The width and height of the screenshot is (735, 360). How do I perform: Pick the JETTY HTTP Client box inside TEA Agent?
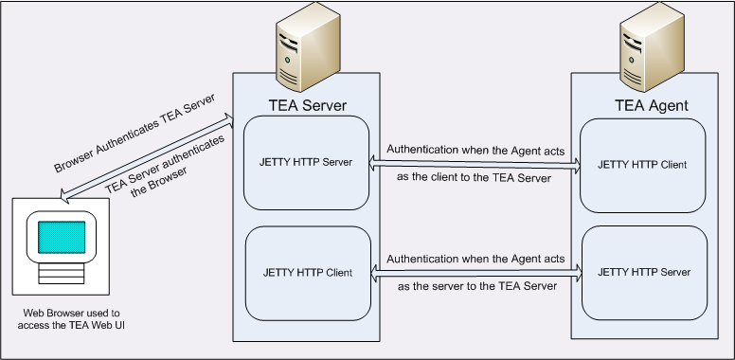click(642, 165)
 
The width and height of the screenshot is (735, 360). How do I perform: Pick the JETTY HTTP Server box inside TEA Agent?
click(642, 273)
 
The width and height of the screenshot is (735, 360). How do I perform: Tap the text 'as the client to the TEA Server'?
click(474, 177)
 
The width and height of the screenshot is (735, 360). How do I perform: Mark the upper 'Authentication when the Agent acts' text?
click(475, 149)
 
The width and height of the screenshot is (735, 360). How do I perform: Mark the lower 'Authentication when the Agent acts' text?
click(475, 258)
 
